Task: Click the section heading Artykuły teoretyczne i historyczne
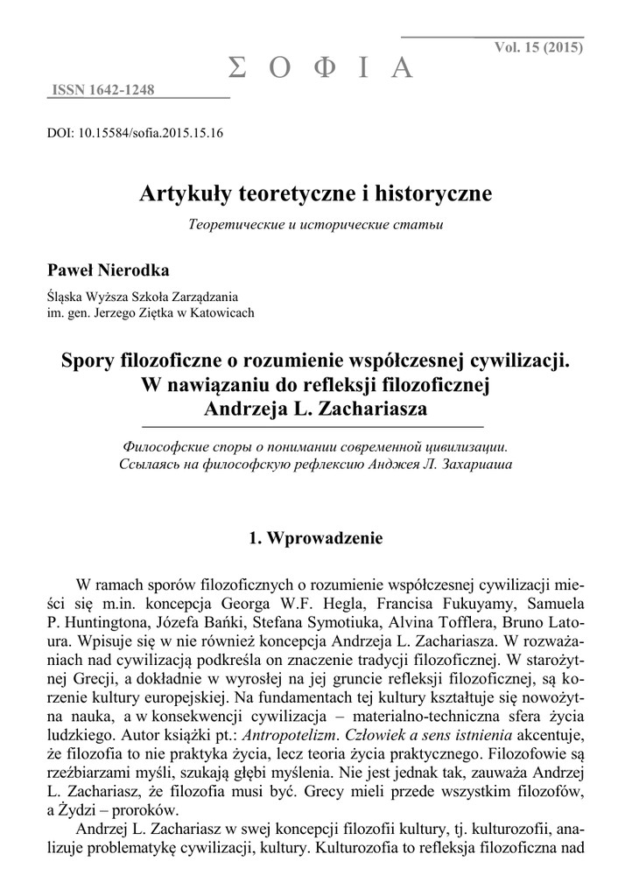tap(315, 193)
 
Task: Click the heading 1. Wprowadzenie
tap(315, 538)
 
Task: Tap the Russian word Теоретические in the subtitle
tap(231, 225)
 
